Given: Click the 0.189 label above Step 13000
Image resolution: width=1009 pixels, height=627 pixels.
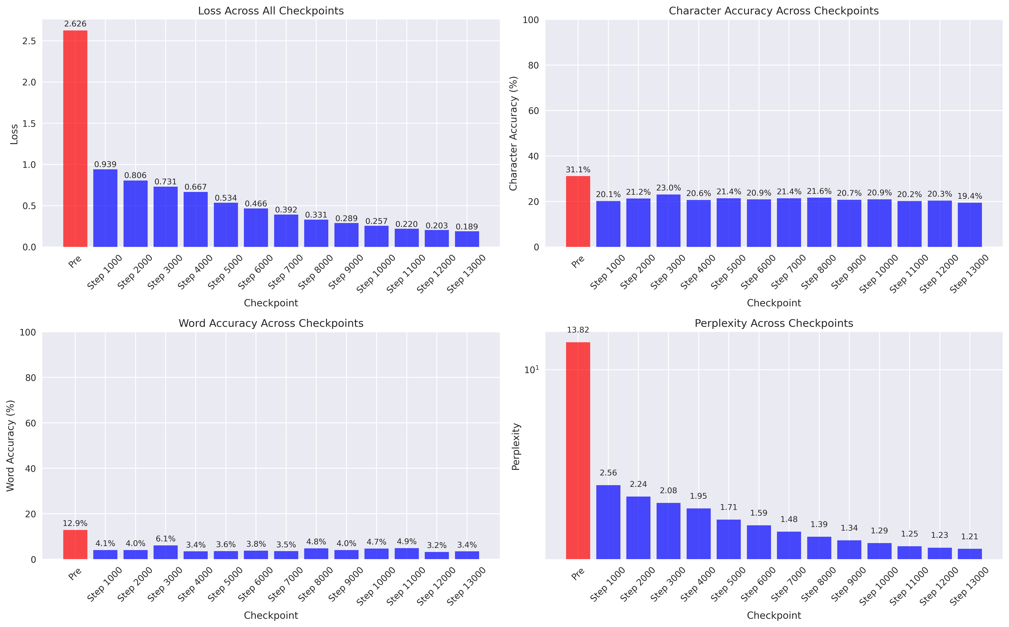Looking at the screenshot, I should click(467, 227).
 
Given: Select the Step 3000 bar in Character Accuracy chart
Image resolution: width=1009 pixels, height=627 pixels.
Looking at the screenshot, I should click(668, 221).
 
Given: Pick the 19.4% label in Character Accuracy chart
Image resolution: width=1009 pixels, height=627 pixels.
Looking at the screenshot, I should click(970, 196).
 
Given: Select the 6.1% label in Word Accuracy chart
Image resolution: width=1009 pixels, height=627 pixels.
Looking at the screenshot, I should click(166, 539).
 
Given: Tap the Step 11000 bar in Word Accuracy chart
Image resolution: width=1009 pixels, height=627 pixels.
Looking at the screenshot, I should click(407, 554).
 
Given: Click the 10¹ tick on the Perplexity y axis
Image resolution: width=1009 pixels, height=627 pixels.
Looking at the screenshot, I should click(531, 370).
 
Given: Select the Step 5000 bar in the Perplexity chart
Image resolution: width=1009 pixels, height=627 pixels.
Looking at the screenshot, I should click(729, 539).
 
